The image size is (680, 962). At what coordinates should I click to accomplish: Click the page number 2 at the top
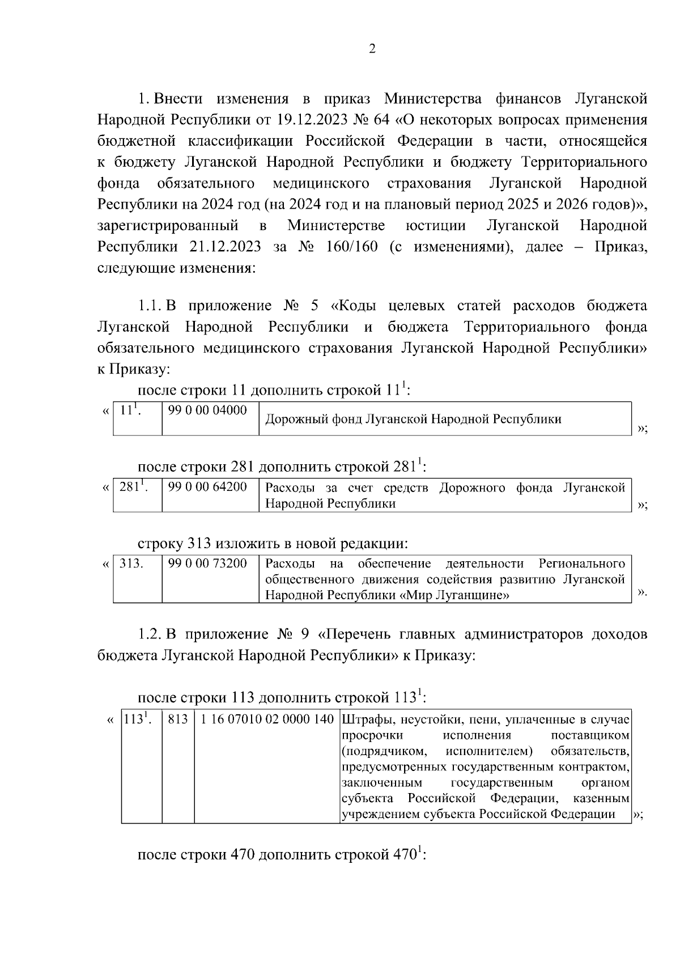tap(372, 49)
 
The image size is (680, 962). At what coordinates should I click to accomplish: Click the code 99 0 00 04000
tap(208, 410)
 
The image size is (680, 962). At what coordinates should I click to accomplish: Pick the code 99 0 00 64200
tap(208, 487)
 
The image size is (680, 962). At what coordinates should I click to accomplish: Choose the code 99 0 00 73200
tap(208, 563)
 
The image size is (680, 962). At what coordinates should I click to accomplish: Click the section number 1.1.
tap(150, 306)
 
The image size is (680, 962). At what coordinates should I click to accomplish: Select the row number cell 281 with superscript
tap(134, 487)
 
